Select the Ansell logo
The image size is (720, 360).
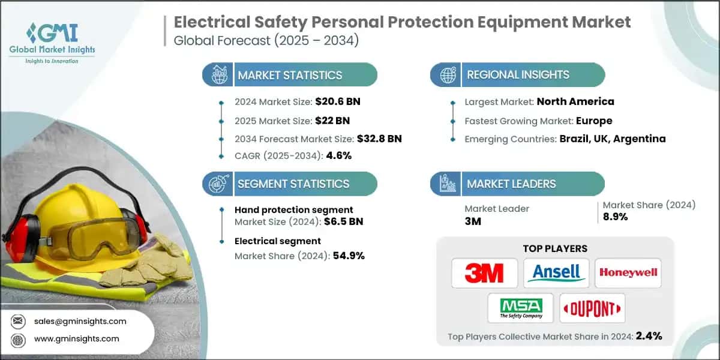click(x=556, y=273)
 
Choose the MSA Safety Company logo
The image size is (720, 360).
click(x=520, y=308)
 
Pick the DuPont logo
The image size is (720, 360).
click(x=592, y=308)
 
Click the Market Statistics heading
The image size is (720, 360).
click(x=290, y=75)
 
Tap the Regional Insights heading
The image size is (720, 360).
click(x=518, y=75)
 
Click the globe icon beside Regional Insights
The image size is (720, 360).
click(x=447, y=75)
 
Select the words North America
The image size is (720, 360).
click(x=575, y=101)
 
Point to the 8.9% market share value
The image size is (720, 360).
click(x=615, y=217)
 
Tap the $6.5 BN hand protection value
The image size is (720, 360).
click(x=343, y=221)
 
